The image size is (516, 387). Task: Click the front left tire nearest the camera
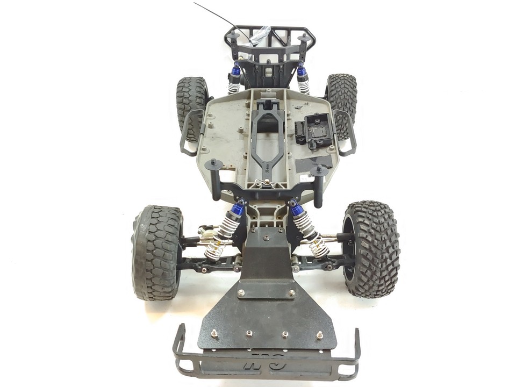[157, 253]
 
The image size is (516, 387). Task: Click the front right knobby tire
[372, 249]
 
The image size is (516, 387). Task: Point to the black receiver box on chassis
[317, 130]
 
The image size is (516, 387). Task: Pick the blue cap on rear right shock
[302, 70]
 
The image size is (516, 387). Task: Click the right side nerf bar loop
[347, 132]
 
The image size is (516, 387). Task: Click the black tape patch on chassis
[314, 162]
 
